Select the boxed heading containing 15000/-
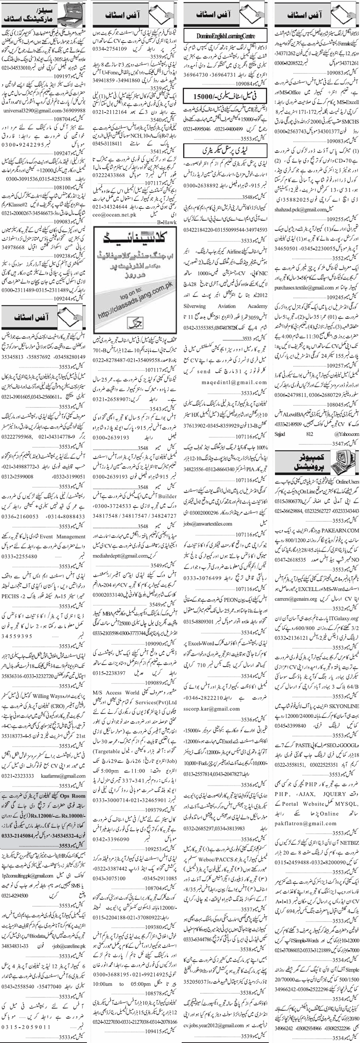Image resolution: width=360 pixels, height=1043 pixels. click(226, 97)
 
